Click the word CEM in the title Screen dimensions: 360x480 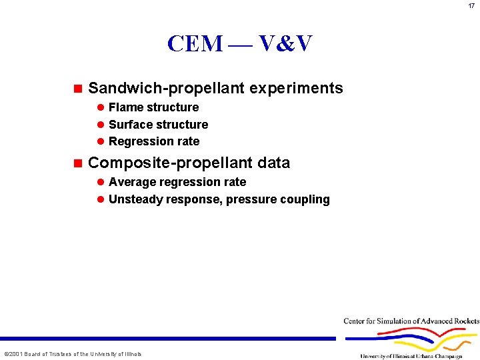(195, 44)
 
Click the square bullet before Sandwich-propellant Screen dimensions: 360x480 (77, 88)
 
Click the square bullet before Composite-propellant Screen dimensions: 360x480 (77, 163)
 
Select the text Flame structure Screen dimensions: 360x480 (153, 107)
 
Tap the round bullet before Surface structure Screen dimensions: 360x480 (101, 125)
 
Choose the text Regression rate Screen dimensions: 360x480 (154, 141)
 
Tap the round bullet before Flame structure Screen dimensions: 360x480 (101, 107)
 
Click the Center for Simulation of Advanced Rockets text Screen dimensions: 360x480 (411, 321)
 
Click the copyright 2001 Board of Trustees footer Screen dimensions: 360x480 (73, 354)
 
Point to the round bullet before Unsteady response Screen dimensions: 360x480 (101, 199)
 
